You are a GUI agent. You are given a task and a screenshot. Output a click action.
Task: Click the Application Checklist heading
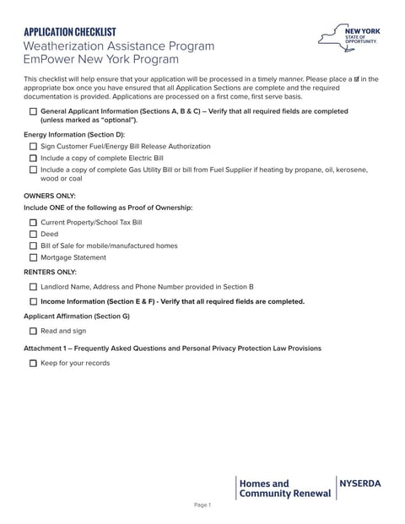tap(70, 31)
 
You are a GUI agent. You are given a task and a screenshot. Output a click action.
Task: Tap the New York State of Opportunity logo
tap(348, 38)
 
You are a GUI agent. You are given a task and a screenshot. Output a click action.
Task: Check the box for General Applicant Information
tap(33, 111)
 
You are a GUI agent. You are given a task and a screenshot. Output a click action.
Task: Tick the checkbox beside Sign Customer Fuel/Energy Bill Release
tap(33, 146)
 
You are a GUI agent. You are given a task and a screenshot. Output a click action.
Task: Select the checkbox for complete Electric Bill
tap(33, 158)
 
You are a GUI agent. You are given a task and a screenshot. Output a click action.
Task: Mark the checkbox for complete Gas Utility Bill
tap(33, 170)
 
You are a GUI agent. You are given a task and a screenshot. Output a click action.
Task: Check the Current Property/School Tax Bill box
tap(33, 223)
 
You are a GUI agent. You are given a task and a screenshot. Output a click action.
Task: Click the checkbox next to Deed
tap(33, 235)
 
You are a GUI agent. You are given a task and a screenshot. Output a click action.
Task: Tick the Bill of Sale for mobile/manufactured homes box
tap(33, 246)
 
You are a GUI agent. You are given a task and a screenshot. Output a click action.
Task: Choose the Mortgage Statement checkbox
tap(33, 258)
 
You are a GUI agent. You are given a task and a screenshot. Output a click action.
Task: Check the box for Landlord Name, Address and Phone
tap(33, 287)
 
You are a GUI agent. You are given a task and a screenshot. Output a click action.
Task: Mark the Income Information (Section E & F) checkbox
tap(33, 301)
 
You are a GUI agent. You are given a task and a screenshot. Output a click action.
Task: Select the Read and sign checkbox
tap(33, 332)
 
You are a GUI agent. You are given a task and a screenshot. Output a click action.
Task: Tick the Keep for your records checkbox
tap(33, 364)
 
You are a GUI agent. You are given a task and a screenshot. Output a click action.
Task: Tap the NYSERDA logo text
tap(360, 483)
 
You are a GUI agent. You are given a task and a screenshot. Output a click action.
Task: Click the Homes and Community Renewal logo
tap(284, 489)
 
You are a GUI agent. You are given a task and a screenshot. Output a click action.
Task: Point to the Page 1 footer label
tap(202, 505)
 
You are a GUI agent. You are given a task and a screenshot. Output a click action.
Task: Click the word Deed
tap(49, 235)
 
